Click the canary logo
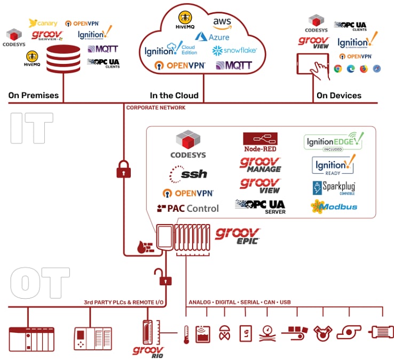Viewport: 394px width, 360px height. pos(43,23)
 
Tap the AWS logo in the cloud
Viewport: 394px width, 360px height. pos(222,23)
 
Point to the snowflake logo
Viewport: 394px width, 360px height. pos(234,50)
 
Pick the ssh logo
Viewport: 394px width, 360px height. pos(187,174)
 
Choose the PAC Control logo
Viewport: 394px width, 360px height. pos(187,208)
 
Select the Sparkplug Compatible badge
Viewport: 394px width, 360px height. pos(334,188)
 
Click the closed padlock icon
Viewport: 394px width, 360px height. pos(123,170)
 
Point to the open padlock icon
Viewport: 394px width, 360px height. pos(162,277)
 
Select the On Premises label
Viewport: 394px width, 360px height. pos(33,95)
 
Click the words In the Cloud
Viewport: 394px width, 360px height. pos(174,95)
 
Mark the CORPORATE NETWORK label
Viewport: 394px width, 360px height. pos(156,108)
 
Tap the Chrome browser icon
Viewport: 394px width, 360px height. pos(337,68)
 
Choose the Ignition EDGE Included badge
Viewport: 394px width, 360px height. pos(333,142)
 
